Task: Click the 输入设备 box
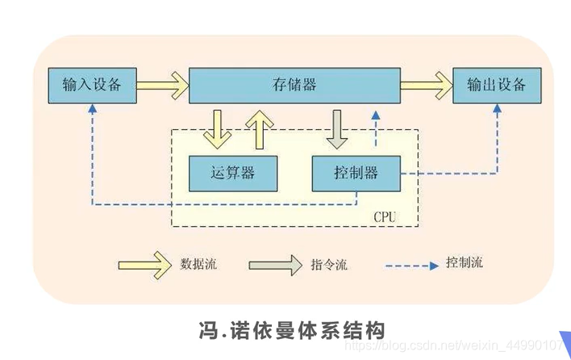[x=91, y=85]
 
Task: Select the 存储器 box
[x=294, y=85]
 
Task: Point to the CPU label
[x=385, y=218]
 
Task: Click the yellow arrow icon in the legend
[x=145, y=264]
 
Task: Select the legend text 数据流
[x=199, y=264]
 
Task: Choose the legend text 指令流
[x=328, y=265]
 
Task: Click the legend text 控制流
[x=465, y=263]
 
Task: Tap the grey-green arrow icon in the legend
[x=275, y=265]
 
